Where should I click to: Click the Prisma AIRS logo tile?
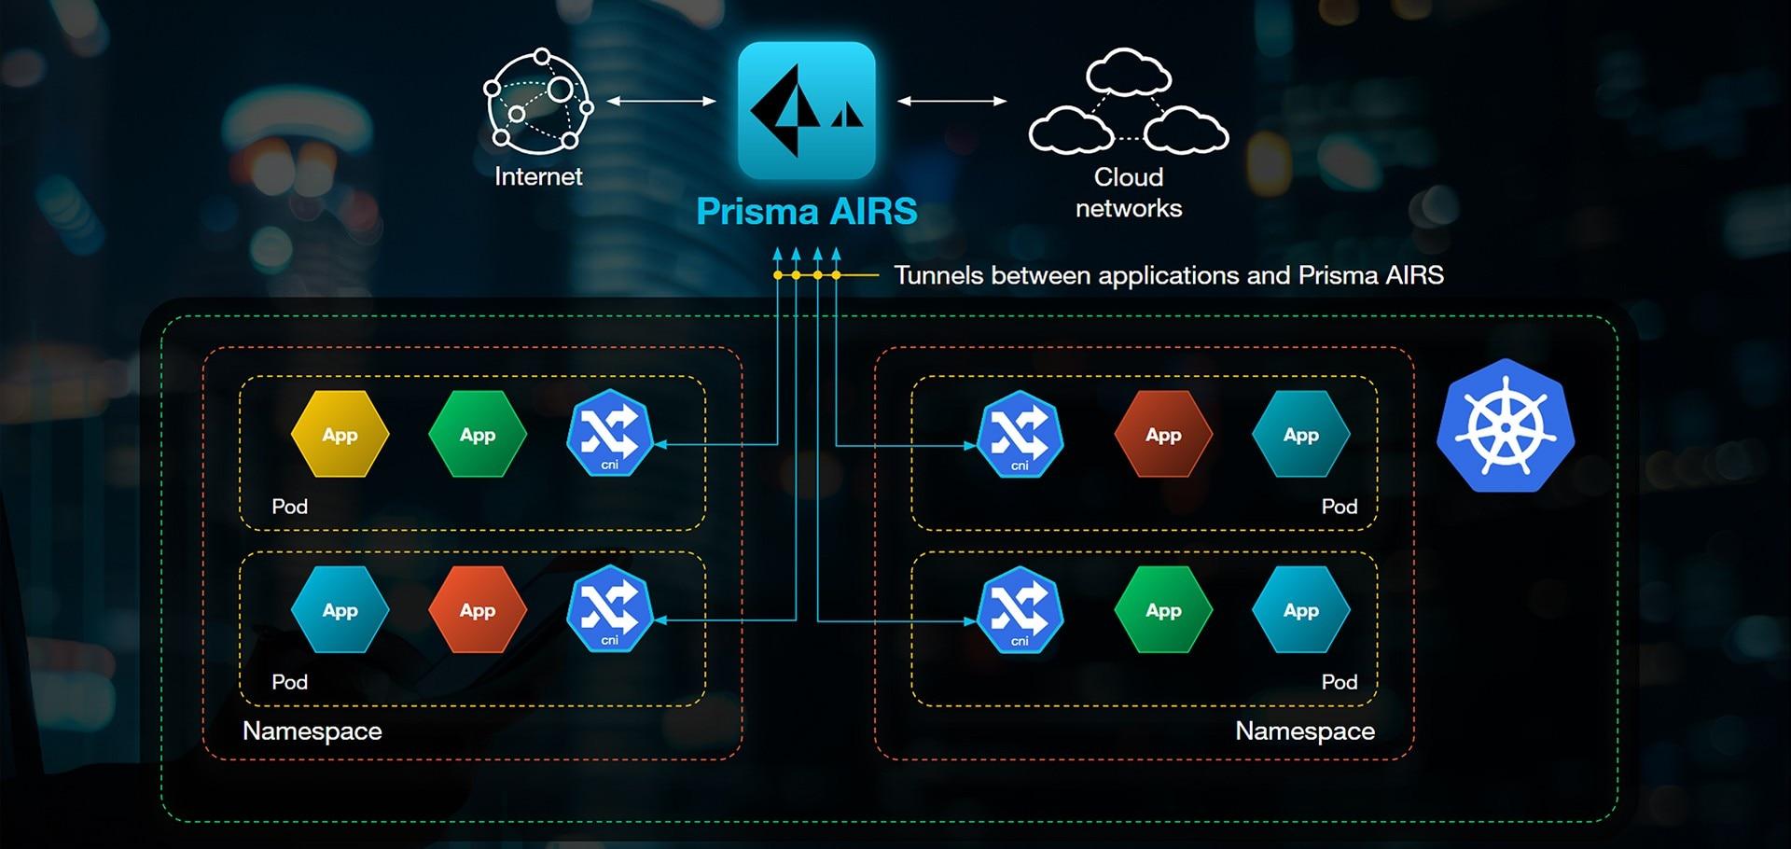807,110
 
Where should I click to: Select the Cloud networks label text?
1129,192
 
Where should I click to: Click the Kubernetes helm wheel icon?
1505,426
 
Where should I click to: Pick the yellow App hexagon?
340,435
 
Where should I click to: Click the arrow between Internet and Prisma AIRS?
661,101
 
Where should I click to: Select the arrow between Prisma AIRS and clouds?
951,101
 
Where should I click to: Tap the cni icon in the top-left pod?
609,434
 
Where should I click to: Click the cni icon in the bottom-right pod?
1020,609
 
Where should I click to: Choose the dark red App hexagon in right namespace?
1163,435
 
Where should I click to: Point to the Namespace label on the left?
312,731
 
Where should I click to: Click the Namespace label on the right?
1304,731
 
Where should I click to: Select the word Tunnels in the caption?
937,275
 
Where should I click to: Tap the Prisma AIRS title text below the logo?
807,211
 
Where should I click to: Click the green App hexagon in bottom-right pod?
1163,610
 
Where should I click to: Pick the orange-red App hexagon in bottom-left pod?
478,610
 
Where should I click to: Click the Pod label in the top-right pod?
1339,507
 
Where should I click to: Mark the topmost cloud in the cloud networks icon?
1128,73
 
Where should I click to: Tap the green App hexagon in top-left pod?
478,435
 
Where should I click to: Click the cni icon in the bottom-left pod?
609,609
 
